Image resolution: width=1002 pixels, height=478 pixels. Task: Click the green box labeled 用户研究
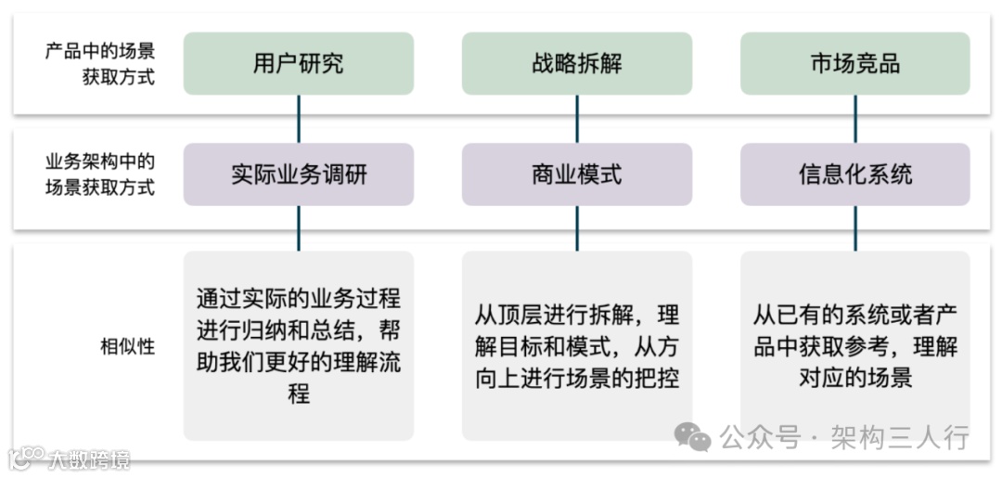click(x=298, y=63)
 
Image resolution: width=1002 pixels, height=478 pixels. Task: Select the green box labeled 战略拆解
click(x=576, y=63)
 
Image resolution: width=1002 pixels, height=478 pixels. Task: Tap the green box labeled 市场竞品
click(x=854, y=63)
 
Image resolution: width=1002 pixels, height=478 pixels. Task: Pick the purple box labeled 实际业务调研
click(x=298, y=174)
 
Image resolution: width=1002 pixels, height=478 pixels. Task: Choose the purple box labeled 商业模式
click(x=576, y=174)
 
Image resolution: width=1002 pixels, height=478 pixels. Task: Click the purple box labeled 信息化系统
click(x=854, y=174)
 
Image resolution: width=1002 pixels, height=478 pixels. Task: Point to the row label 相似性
click(x=127, y=347)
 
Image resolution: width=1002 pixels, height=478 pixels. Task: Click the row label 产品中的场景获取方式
click(x=100, y=63)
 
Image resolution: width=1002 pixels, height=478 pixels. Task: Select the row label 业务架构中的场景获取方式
click(x=100, y=174)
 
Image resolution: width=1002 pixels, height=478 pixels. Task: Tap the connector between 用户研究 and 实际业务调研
click(x=298, y=119)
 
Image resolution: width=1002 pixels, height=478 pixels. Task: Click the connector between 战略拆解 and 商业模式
click(x=576, y=119)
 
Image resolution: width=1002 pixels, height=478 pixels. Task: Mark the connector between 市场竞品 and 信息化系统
click(x=854, y=119)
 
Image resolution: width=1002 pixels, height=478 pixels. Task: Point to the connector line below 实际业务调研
click(x=298, y=228)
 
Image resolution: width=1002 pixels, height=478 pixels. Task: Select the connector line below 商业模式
click(x=576, y=228)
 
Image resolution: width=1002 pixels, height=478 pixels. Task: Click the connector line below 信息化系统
click(x=854, y=228)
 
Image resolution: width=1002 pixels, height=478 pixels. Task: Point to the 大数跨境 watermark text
click(x=88, y=459)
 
